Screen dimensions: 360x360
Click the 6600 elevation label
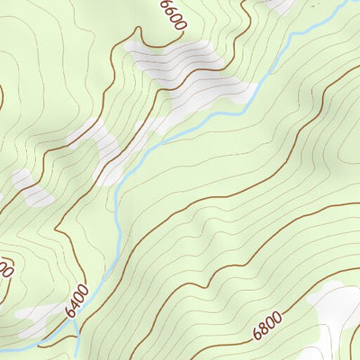172,15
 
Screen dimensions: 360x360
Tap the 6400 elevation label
77,300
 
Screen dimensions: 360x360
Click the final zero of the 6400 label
84,290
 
